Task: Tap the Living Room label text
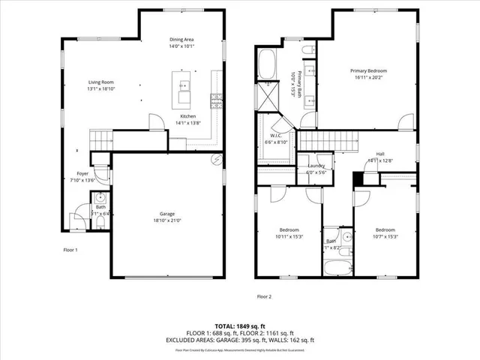[x=100, y=83]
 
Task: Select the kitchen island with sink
[x=183, y=88]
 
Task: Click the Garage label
[x=167, y=214]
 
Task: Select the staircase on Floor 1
[x=100, y=139]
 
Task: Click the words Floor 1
[x=70, y=249]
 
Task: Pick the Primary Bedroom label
[x=369, y=70]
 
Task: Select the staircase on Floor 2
[x=328, y=139]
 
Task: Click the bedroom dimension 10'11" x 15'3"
[x=289, y=236]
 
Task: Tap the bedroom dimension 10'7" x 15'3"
[x=385, y=236]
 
